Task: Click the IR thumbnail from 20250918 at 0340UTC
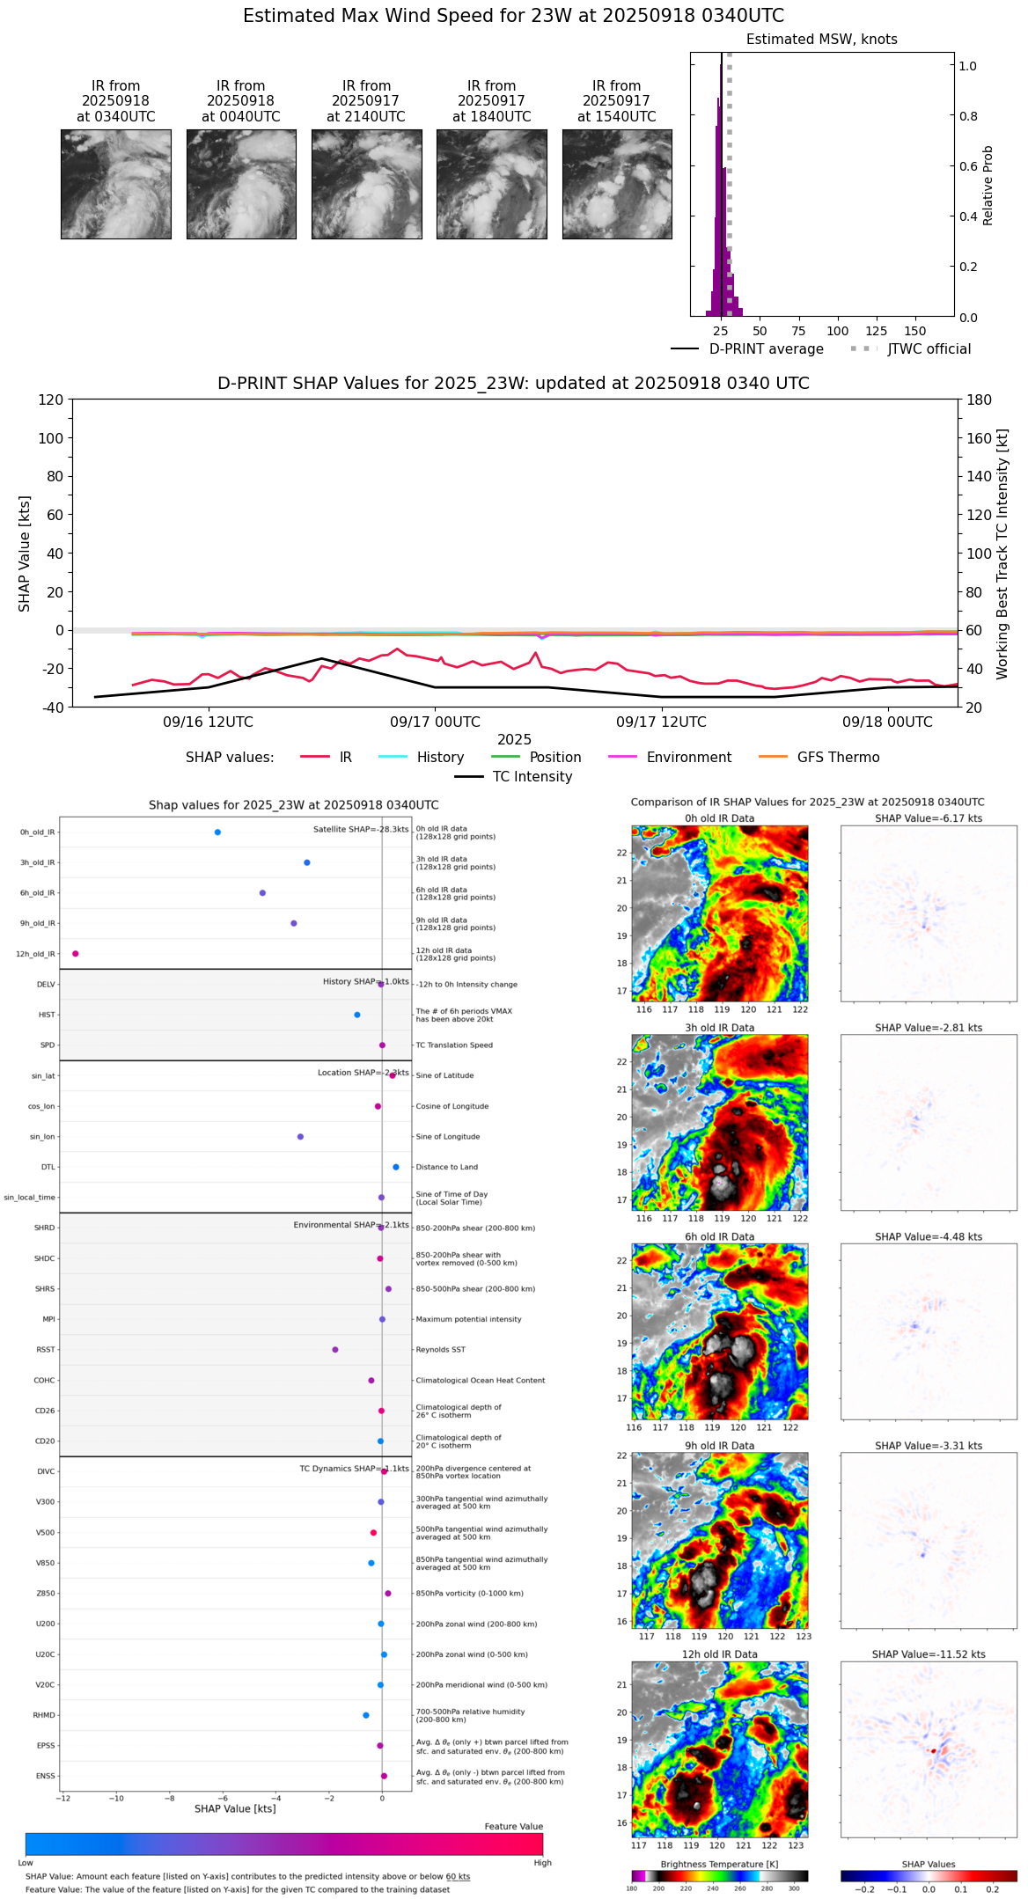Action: coord(115,184)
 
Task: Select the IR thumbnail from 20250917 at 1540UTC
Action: coord(617,184)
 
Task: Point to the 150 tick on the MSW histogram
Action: coord(915,331)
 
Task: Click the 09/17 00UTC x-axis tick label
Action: coord(435,722)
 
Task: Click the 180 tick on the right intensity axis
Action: coord(980,400)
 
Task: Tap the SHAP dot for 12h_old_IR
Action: coord(76,954)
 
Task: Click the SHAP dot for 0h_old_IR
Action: coord(217,832)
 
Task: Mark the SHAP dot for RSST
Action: coord(335,1350)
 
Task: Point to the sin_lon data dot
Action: coord(300,1137)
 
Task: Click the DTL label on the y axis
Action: coord(48,1168)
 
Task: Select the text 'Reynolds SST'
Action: coord(440,1350)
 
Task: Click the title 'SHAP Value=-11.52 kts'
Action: coord(929,1655)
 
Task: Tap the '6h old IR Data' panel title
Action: coord(719,1237)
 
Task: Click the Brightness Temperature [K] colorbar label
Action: coord(719,1865)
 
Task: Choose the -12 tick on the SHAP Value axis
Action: coord(63,1799)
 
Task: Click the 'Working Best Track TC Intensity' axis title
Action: coord(1002,554)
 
